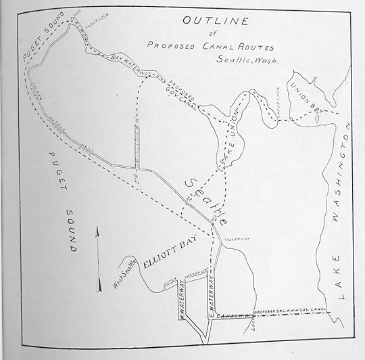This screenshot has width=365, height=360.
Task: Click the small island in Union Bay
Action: [x=317, y=116]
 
